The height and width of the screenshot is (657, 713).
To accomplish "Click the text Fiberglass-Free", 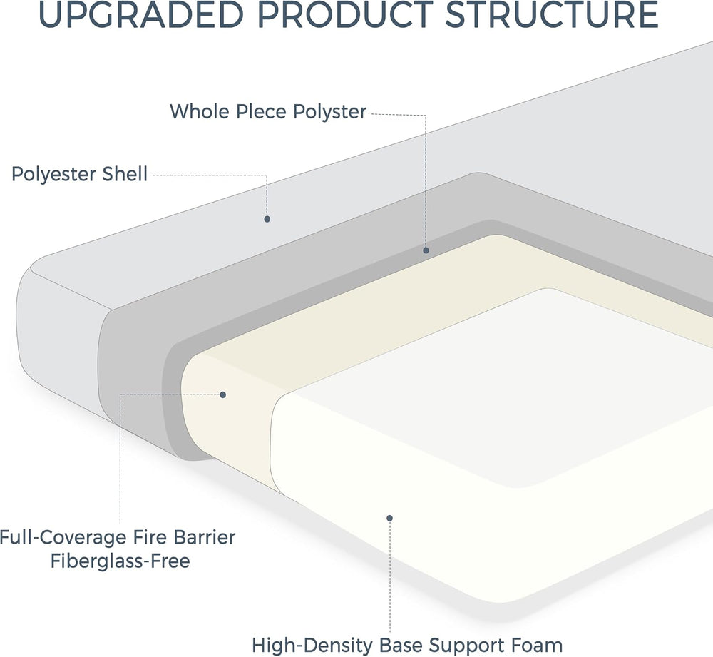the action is coord(120,561).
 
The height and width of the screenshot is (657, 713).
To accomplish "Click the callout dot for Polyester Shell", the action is coord(267,219).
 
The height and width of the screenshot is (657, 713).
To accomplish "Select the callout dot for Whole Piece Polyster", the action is coord(426,250).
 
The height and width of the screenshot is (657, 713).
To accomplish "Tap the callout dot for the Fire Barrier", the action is coord(222,394).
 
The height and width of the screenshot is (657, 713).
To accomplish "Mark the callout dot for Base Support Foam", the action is coord(390,518).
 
